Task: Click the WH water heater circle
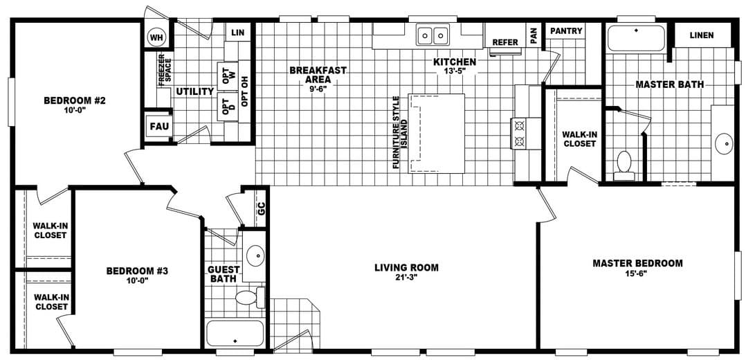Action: (x=156, y=36)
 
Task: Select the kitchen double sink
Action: (x=433, y=34)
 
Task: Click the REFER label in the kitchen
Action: (x=505, y=42)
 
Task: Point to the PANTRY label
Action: (x=566, y=31)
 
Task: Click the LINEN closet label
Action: (x=701, y=35)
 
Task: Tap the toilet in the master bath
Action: (x=624, y=164)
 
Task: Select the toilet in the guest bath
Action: (x=249, y=298)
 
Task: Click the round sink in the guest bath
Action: (x=255, y=255)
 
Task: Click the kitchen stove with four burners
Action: (x=518, y=134)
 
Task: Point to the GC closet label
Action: (x=261, y=210)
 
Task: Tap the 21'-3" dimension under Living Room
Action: (x=406, y=278)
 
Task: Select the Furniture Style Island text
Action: (x=397, y=132)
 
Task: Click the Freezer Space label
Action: (x=163, y=70)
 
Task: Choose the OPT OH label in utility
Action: (x=244, y=87)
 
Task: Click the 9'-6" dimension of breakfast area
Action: (x=318, y=89)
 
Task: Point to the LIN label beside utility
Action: (x=238, y=33)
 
